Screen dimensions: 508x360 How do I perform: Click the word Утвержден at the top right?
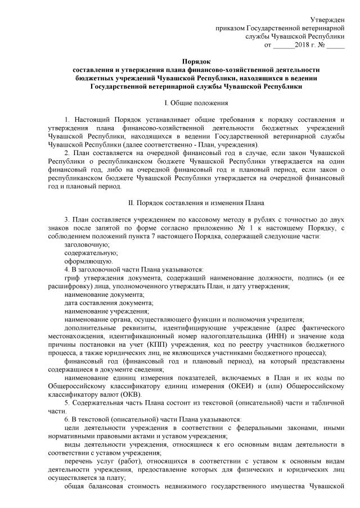[328, 20]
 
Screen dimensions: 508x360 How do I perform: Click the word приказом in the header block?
[231, 28]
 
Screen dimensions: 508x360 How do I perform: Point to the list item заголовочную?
[87, 245]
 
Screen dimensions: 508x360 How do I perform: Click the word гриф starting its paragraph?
[73, 278]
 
